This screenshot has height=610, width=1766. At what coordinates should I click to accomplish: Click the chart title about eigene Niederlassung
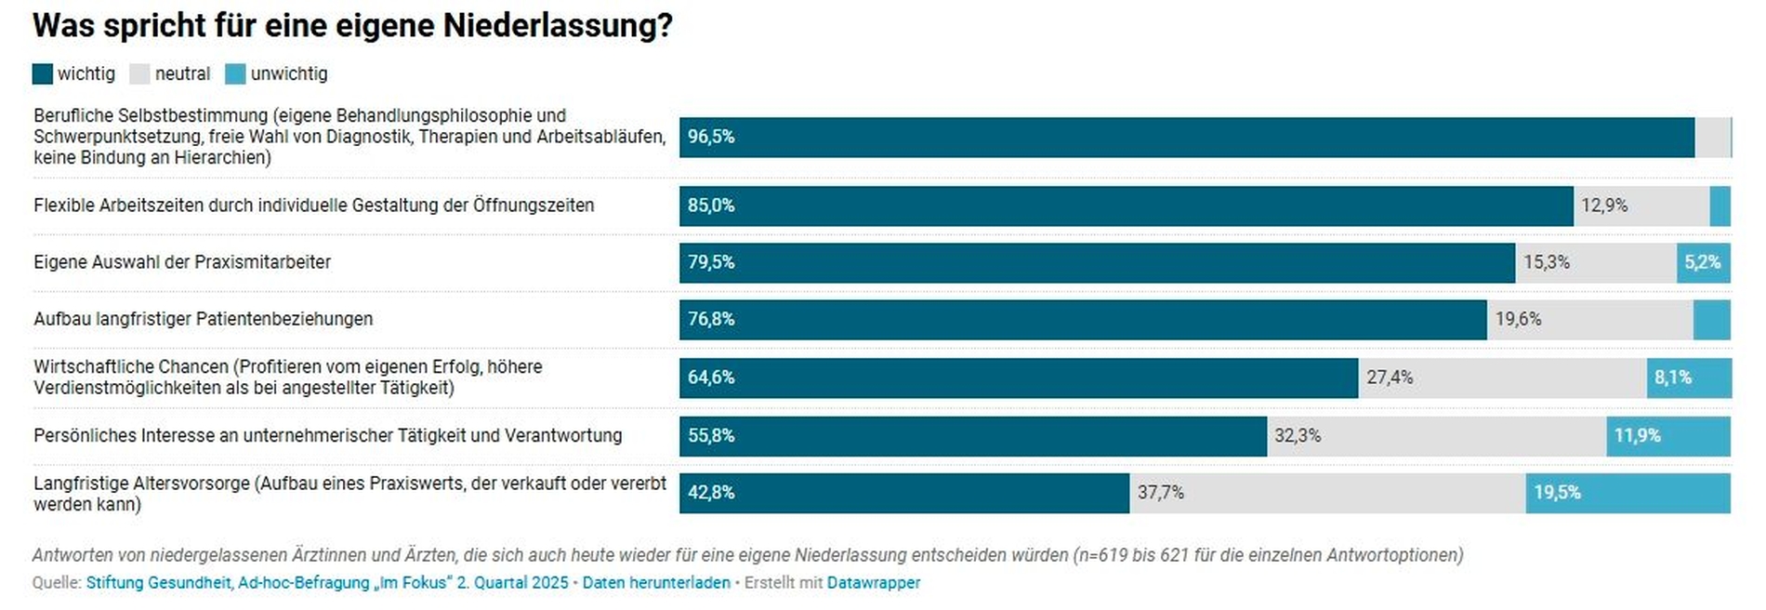(x=352, y=26)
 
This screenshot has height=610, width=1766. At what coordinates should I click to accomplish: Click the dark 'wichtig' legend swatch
(x=43, y=74)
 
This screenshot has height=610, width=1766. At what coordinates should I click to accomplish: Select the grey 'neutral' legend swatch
(x=139, y=74)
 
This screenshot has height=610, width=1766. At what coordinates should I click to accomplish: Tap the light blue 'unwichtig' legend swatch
(x=235, y=74)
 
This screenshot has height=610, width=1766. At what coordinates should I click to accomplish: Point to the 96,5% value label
(x=711, y=137)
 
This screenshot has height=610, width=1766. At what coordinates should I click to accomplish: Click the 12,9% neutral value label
(x=1604, y=206)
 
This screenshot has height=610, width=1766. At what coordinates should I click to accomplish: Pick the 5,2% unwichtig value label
(x=1703, y=262)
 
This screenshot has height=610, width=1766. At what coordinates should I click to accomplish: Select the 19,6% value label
(x=1518, y=319)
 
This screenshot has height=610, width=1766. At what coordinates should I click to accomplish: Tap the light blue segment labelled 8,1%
(x=1689, y=378)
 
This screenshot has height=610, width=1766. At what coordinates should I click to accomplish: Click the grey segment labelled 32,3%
(x=1436, y=435)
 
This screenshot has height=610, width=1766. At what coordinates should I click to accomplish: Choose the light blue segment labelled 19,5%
(x=1628, y=493)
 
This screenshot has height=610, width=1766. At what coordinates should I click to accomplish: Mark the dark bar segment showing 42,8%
(x=903, y=493)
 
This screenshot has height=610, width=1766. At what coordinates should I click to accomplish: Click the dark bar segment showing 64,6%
(x=1018, y=378)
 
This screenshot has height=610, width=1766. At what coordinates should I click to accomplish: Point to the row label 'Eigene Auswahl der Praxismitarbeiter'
(x=182, y=262)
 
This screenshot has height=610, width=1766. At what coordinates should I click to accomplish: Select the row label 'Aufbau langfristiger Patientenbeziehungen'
(x=203, y=319)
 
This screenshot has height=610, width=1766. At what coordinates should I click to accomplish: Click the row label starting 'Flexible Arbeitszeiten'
(x=313, y=206)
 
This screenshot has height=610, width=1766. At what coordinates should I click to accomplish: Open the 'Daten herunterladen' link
(x=656, y=583)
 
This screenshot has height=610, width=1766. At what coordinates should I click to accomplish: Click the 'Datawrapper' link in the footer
(x=874, y=583)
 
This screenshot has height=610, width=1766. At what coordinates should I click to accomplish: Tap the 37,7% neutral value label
(x=1161, y=493)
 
